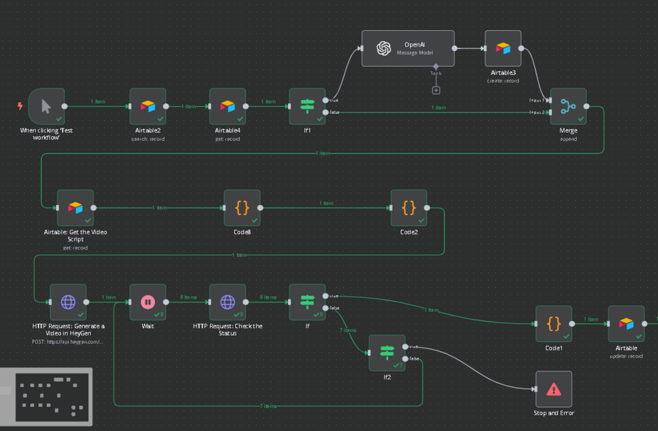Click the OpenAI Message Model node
408,48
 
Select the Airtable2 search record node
148,106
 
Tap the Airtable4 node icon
227,106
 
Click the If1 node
307,106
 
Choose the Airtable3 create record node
503,48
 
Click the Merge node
568,106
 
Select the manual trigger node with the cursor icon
46,106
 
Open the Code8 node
242,208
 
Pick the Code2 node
409,208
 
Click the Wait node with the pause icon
148,302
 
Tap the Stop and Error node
553,389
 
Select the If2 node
386,353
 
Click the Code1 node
553,324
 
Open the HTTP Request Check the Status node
227,302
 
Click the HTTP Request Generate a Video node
68,302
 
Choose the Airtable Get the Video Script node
75,208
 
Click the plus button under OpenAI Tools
436,90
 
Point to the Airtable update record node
626,324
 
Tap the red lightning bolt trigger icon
20,106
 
